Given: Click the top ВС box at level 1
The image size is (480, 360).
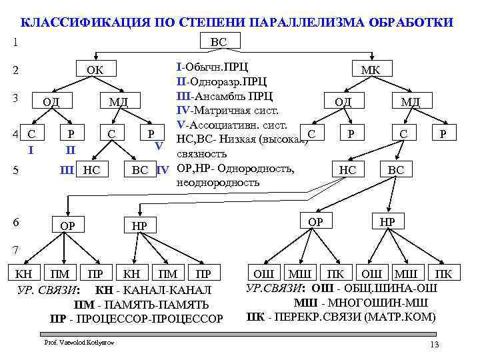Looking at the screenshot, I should pos(218,41).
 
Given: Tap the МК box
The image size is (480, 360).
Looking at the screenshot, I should pos(370,69).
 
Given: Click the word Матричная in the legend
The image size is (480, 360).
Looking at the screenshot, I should pos(227,110).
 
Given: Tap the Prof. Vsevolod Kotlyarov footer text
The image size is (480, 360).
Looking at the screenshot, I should pos(79,343).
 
